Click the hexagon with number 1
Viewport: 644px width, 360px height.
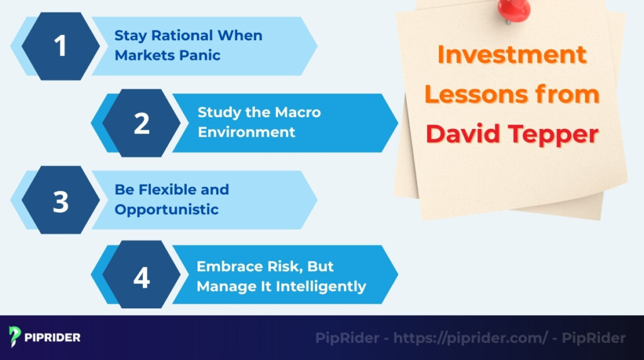[60, 46]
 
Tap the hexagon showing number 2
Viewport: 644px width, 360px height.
[142, 123]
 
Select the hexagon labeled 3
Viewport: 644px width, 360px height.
[60, 201]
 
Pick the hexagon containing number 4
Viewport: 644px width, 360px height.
[142, 278]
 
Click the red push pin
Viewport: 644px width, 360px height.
[514, 9]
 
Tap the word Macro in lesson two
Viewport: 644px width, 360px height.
[297, 113]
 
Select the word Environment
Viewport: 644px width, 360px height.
[246, 132]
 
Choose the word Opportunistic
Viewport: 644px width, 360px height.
[166, 210]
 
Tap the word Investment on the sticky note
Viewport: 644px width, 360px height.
[511, 55]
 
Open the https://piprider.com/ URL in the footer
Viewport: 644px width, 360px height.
[471, 338]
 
